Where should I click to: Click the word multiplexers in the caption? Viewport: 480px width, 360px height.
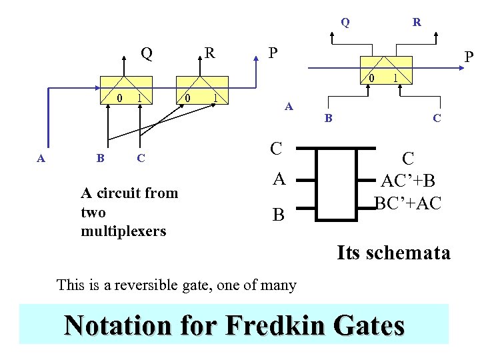[x=123, y=231]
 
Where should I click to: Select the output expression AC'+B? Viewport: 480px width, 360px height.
[x=407, y=181]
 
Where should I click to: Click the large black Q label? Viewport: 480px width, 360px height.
[x=146, y=53]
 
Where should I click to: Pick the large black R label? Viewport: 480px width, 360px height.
[x=209, y=53]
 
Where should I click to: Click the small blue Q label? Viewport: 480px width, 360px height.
[x=345, y=22]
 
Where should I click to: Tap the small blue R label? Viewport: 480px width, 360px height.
[x=417, y=22]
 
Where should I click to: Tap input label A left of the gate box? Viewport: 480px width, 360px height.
[x=278, y=179]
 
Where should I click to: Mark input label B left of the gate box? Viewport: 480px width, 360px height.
[x=278, y=215]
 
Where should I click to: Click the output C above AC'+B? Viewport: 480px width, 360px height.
[x=408, y=159]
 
